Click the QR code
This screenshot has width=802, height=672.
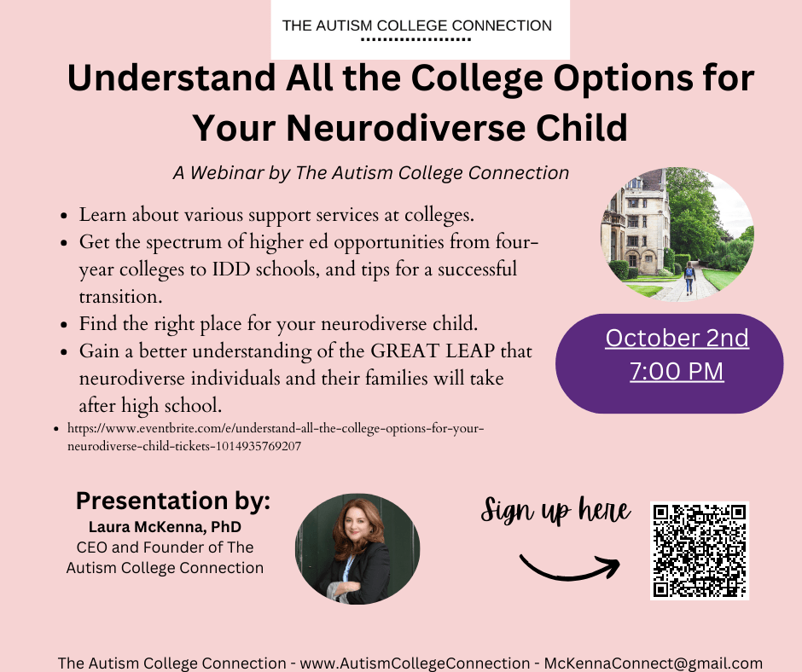pyautogui.click(x=699, y=550)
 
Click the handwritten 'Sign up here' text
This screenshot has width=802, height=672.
pyautogui.click(x=555, y=512)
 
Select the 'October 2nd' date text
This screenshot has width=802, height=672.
pyautogui.click(x=677, y=339)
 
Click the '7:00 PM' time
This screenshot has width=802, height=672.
pyautogui.click(x=677, y=372)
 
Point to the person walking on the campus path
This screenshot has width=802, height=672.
pyautogui.click(x=689, y=278)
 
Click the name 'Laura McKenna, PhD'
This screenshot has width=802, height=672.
pyautogui.click(x=165, y=528)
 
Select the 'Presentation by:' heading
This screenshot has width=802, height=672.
pyautogui.click(x=173, y=501)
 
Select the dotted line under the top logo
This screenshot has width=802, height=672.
pyautogui.click(x=416, y=40)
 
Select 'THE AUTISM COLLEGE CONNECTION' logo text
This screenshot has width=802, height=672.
pyautogui.click(x=416, y=25)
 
